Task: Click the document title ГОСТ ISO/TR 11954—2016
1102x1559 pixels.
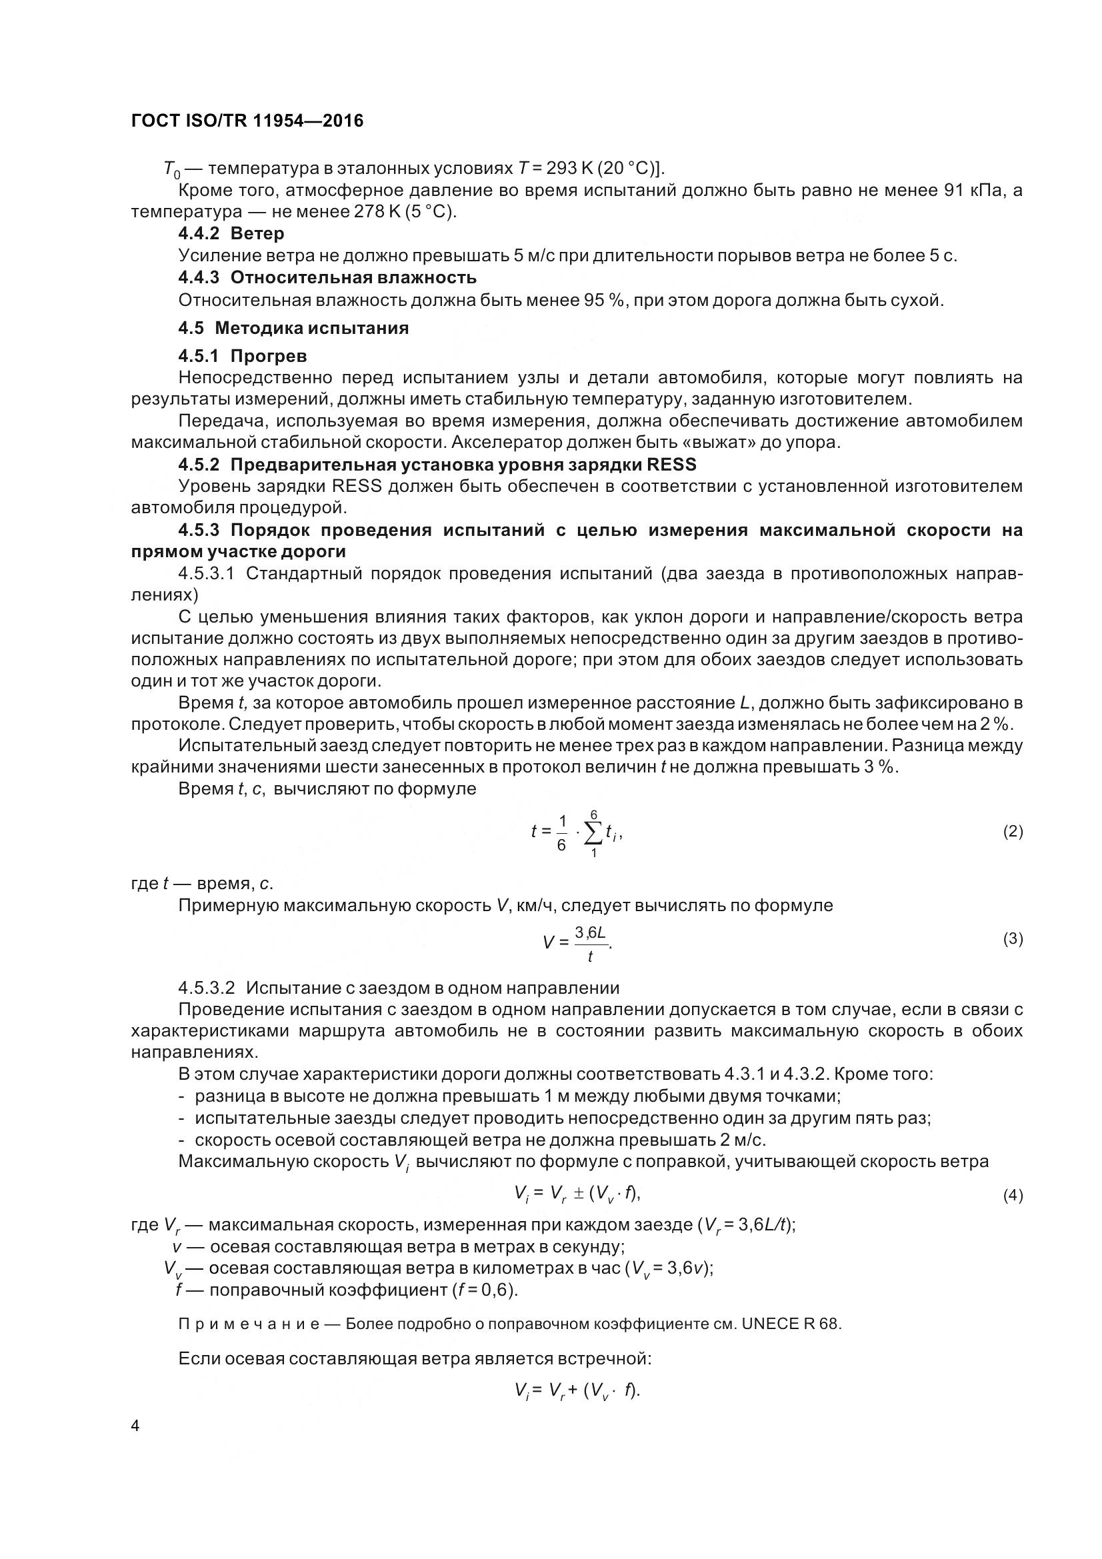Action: (247, 121)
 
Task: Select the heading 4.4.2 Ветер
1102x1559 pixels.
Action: (231, 233)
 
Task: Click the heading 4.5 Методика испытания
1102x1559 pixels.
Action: (293, 328)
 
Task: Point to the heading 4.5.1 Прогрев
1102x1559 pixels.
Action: (243, 356)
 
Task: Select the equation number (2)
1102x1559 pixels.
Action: (1013, 831)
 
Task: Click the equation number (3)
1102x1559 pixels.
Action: (1013, 939)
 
